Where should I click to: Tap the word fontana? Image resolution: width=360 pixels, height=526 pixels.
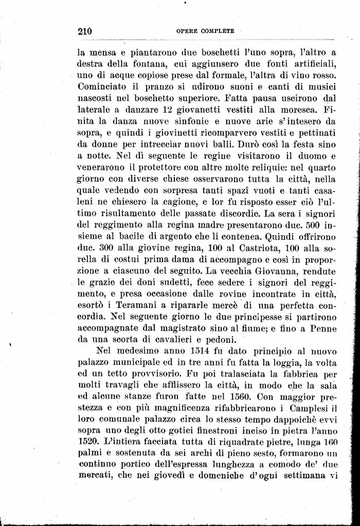point(140,64)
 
